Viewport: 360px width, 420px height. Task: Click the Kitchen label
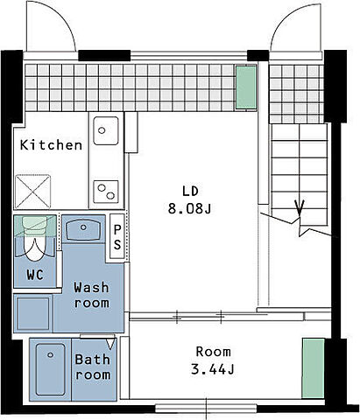click(x=51, y=145)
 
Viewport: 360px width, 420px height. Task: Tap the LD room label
click(x=190, y=191)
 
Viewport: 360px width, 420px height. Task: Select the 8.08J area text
click(x=189, y=208)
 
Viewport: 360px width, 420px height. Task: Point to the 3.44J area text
click(x=212, y=369)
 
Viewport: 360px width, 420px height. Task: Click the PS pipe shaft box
click(x=117, y=236)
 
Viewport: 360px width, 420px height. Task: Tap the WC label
click(x=35, y=275)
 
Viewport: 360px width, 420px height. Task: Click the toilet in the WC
click(x=35, y=239)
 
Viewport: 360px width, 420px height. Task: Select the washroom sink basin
click(x=83, y=230)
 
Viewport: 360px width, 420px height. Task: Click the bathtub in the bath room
click(x=50, y=369)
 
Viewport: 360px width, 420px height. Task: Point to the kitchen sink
click(x=106, y=130)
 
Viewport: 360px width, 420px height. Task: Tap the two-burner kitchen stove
click(x=106, y=192)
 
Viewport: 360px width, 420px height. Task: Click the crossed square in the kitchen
click(x=32, y=192)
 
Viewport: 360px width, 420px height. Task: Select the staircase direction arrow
click(x=300, y=208)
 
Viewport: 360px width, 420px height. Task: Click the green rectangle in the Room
click(x=314, y=368)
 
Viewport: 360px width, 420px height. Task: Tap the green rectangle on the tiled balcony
click(x=246, y=87)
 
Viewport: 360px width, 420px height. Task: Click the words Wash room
click(x=91, y=295)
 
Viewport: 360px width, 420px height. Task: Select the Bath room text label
click(x=93, y=367)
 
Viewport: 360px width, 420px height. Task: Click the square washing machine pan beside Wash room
click(x=33, y=313)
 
